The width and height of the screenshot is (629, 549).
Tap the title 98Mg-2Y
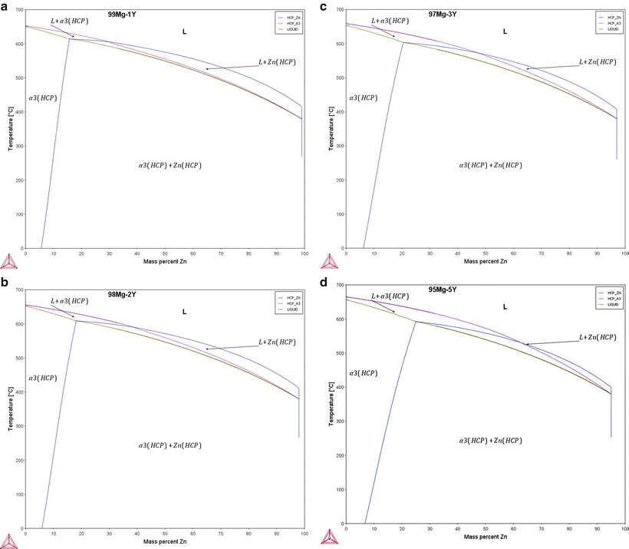click(123, 294)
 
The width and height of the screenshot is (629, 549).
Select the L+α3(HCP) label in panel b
click(69, 301)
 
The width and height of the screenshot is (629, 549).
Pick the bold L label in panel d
click(504, 306)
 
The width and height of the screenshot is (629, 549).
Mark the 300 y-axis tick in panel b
click(18, 425)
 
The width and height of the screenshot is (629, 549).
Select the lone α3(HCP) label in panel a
click(42, 98)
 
